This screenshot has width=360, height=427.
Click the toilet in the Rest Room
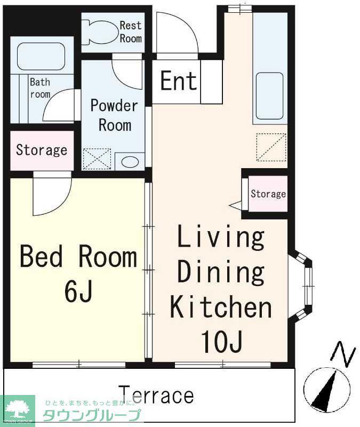(x=99, y=33)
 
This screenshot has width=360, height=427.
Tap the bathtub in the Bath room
(x=41, y=57)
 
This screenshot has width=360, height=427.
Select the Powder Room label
(x=114, y=115)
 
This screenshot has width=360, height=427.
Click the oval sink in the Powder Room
(x=130, y=162)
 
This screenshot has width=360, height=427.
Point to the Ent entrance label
(x=179, y=81)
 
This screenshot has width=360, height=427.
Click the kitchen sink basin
(x=269, y=96)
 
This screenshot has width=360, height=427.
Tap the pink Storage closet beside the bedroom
(x=42, y=151)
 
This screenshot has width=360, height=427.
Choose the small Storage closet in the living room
(x=268, y=194)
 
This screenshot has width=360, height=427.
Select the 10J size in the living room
(x=221, y=342)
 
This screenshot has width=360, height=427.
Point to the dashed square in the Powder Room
(x=97, y=159)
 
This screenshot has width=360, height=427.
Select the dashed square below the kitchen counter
(x=271, y=147)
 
